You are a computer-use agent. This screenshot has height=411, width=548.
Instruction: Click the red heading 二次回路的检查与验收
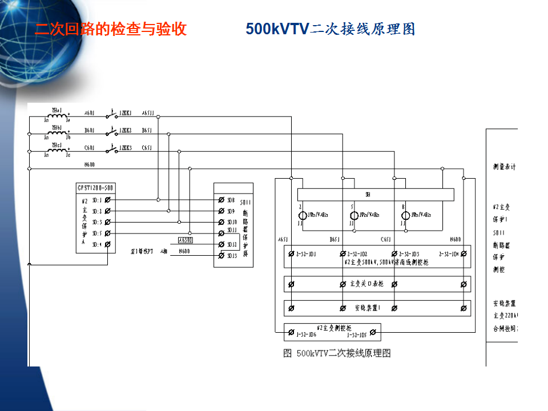click(x=111, y=29)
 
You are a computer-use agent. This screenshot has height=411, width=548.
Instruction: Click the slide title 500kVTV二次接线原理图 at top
click(x=330, y=29)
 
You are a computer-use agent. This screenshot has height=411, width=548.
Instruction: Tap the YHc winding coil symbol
click(x=57, y=151)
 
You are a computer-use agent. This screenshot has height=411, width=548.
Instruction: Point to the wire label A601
click(x=89, y=113)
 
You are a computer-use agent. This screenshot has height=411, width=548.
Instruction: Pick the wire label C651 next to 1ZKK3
click(x=147, y=148)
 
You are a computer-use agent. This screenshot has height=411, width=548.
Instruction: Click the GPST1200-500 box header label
click(x=95, y=187)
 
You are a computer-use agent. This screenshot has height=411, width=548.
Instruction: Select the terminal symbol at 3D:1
click(x=108, y=200)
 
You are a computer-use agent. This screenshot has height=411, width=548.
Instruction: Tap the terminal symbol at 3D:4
click(x=108, y=244)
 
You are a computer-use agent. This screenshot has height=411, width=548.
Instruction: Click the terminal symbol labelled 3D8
click(x=221, y=200)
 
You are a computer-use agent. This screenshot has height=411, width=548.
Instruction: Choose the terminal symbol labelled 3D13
click(x=221, y=256)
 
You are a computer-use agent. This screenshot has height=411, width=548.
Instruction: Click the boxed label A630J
click(x=185, y=240)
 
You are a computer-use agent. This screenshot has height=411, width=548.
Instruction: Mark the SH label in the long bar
click(x=368, y=195)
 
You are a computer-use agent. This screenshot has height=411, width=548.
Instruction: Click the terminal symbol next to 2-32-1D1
click(x=291, y=253)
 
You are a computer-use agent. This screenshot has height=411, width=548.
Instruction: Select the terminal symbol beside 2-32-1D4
click(x=464, y=253)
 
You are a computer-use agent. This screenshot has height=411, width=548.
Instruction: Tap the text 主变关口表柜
click(x=366, y=284)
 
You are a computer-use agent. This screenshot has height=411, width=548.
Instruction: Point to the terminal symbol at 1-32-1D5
click(x=372, y=332)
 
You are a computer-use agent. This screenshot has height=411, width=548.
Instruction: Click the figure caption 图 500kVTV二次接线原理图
click(x=337, y=353)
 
